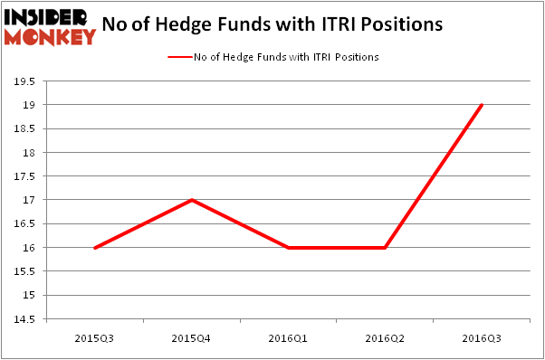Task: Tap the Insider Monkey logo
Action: coord(50,26)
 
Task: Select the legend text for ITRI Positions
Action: coord(285,57)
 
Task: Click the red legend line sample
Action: coord(179,57)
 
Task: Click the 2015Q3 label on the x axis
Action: coord(95,337)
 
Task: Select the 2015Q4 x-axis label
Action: coord(192,337)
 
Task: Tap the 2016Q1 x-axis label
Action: coord(289,337)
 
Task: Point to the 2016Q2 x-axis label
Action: coord(386,337)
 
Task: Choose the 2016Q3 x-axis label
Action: coord(483,337)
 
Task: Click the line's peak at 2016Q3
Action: coord(483,105)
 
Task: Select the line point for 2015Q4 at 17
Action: coord(192,200)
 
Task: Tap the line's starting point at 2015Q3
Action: coord(95,247)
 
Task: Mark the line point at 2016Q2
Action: coord(386,247)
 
